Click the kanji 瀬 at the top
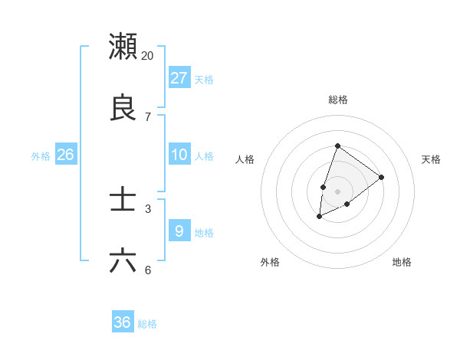[x=123, y=47]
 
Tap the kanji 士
[x=123, y=200]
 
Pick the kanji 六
[x=123, y=261]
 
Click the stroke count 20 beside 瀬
[x=148, y=55]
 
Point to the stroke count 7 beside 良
[x=148, y=116]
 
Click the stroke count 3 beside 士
[x=148, y=208]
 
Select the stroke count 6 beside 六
[x=148, y=270]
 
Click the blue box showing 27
[x=179, y=78]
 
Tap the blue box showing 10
[x=179, y=155]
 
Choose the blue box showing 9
[x=179, y=231]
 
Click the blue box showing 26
[x=66, y=155]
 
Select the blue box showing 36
[x=123, y=322]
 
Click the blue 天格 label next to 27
[x=204, y=80]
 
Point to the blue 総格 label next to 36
[x=147, y=324]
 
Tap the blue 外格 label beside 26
[x=41, y=156]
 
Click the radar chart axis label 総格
[x=338, y=100]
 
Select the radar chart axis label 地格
[x=402, y=262]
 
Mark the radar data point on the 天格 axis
[x=382, y=177]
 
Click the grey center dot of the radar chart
[x=338, y=191]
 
